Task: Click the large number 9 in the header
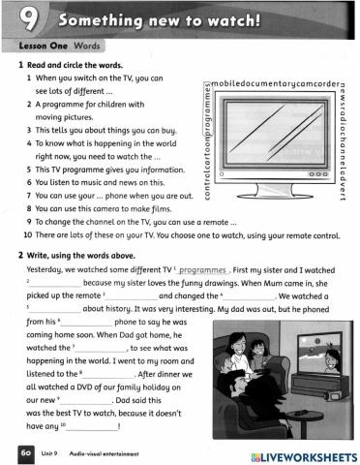tap(27, 17)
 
